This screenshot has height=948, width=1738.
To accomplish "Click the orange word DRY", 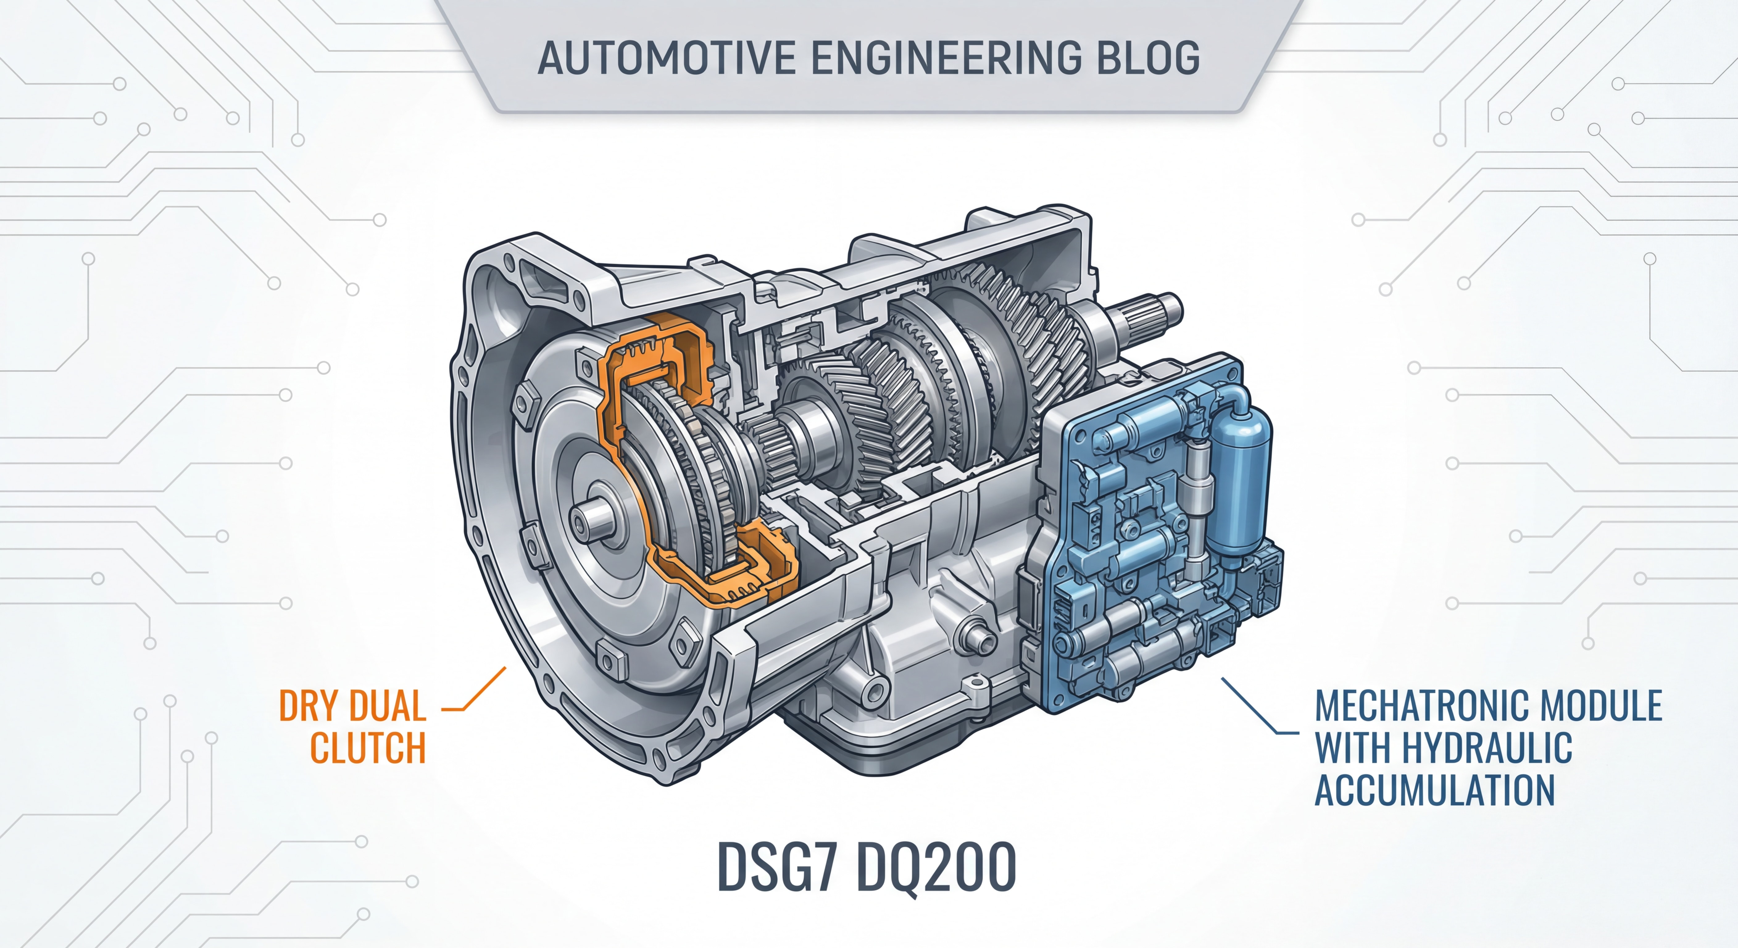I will (x=308, y=706).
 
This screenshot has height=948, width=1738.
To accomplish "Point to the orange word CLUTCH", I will (x=368, y=748).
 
